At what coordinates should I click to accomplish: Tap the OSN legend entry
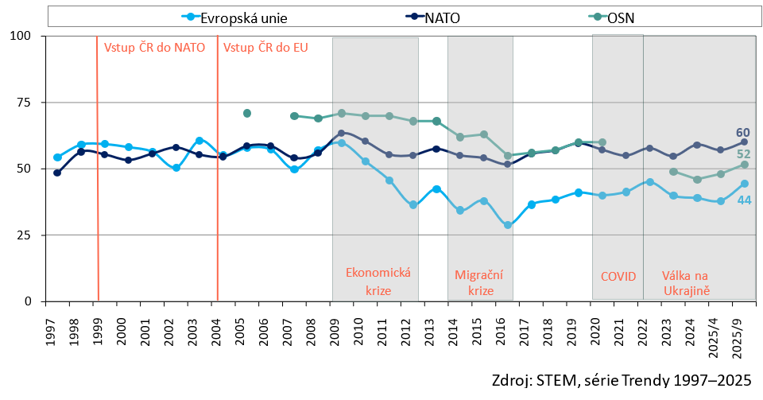coord(620,16)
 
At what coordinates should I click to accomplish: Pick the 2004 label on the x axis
coord(217,326)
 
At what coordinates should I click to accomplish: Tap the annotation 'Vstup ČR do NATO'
coord(155,47)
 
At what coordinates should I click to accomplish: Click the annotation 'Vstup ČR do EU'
coord(265,47)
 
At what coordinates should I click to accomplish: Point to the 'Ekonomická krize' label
coord(378,282)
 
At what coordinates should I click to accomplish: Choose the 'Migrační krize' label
coord(479,282)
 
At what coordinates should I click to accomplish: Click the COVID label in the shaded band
coord(618,277)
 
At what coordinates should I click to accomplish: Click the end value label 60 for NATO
coord(743,133)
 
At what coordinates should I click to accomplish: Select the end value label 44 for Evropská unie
coord(743,200)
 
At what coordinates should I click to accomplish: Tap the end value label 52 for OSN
coord(743,154)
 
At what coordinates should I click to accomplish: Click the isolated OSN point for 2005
coord(247,114)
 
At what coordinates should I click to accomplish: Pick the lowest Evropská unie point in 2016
coord(508,225)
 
